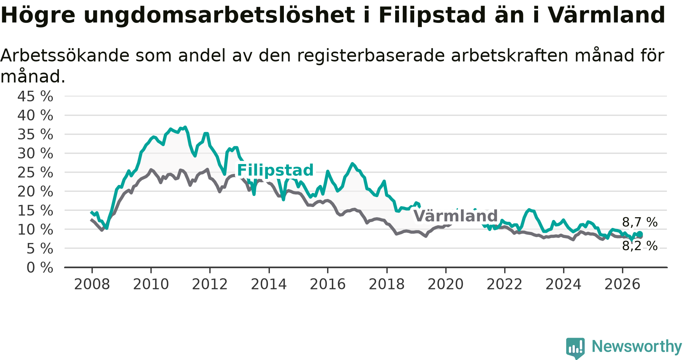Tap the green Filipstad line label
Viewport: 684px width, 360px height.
pyautogui.click(x=275, y=170)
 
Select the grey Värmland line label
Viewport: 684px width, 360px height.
pyautogui.click(x=455, y=216)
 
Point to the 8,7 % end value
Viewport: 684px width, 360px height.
pyautogui.click(x=640, y=223)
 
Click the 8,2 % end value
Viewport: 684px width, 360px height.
pyautogui.click(x=640, y=246)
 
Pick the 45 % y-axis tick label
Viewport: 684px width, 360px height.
pyautogui.click(x=35, y=96)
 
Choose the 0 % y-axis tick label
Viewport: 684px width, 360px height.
pyautogui.click(x=40, y=268)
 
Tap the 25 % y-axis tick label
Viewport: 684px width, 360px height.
pyautogui.click(x=35, y=173)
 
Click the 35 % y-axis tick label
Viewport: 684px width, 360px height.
pyautogui.click(x=35, y=134)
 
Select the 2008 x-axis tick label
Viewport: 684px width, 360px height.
pyautogui.click(x=92, y=284)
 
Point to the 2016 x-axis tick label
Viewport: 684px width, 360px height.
pyautogui.click(x=328, y=284)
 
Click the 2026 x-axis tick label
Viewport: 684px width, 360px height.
pyautogui.click(x=622, y=284)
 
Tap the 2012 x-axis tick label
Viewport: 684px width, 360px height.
pyautogui.click(x=210, y=284)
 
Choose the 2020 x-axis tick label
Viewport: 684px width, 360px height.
pyautogui.click(x=446, y=284)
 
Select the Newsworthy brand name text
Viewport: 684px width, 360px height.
pyautogui.click(x=637, y=347)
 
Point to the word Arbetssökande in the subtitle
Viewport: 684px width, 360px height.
pyautogui.click(x=65, y=56)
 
